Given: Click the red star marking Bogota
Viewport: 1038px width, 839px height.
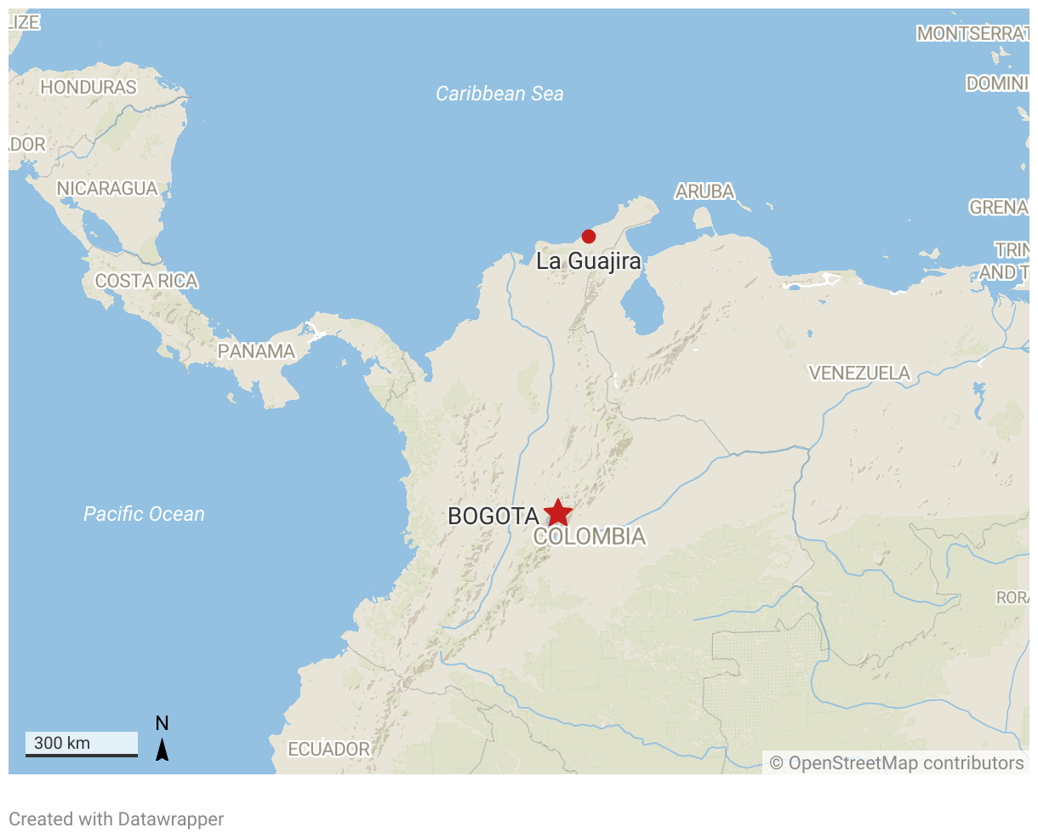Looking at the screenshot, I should click(557, 512).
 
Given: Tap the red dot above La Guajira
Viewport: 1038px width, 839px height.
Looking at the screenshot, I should click(588, 236).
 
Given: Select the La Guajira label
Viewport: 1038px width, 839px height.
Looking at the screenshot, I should click(588, 260).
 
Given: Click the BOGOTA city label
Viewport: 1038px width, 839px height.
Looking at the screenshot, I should click(493, 516).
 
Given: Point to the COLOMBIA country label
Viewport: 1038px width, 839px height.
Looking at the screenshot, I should click(589, 537).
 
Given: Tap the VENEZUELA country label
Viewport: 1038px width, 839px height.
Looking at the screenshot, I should click(858, 373).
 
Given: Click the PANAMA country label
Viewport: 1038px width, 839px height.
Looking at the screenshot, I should click(256, 351).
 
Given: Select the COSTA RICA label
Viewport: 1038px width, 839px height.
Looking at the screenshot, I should click(146, 281).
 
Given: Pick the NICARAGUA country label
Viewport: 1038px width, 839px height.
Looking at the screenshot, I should click(107, 188).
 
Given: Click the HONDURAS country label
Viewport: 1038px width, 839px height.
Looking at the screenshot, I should click(88, 87).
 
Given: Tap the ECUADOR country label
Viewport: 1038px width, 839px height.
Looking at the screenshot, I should click(328, 749).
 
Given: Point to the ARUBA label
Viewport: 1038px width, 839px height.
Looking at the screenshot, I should click(704, 191).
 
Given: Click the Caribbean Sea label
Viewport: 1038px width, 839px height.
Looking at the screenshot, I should click(499, 94).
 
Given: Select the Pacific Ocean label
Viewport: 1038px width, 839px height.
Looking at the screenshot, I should click(144, 514).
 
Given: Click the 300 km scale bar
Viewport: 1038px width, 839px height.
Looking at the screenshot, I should click(82, 744).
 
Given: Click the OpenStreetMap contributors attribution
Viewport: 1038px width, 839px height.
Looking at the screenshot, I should click(897, 762).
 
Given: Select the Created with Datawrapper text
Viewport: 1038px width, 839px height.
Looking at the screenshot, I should click(117, 819).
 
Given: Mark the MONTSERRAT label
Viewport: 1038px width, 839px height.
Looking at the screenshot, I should click(972, 33).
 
